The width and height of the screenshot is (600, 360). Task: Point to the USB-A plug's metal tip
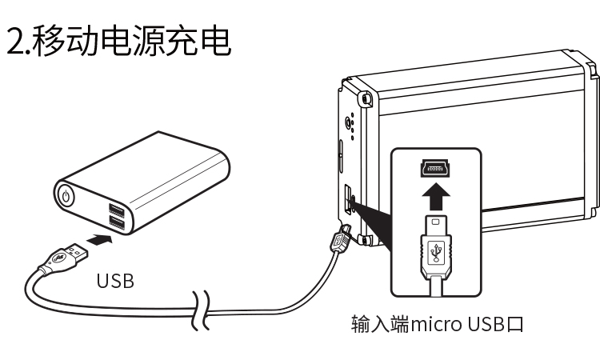79,252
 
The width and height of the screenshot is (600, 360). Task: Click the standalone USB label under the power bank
115,281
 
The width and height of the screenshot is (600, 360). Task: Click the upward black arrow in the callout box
436,194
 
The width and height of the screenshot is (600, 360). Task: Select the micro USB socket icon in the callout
435,168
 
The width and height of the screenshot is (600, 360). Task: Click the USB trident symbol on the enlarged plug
435,254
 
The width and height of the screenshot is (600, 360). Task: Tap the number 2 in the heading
15,42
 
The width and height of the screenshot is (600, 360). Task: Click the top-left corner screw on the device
366,101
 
